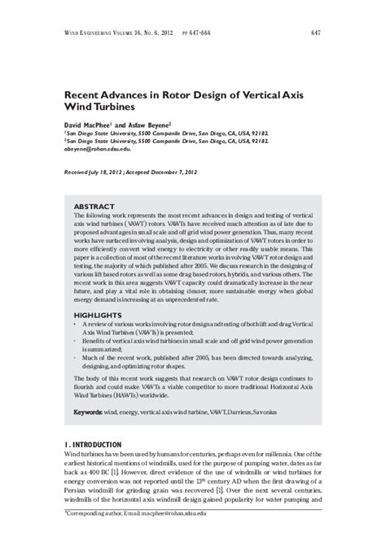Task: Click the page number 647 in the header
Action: [x=313, y=33]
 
